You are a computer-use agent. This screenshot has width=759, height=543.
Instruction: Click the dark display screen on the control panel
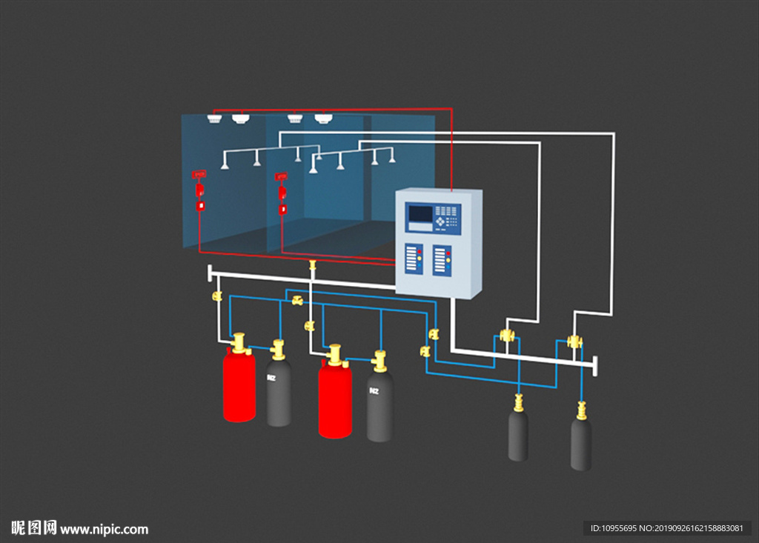(x=420, y=214)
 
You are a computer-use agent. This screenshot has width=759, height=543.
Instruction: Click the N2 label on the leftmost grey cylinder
(x=272, y=378)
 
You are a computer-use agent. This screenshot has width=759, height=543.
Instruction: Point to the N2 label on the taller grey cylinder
(x=374, y=390)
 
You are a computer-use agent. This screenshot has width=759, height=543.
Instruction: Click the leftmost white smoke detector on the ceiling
(x=214, y=119)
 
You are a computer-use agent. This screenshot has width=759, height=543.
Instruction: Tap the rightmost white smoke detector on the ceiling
(x=322, y=117)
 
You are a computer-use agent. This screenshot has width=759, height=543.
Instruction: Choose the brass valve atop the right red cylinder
(x=335, y=355)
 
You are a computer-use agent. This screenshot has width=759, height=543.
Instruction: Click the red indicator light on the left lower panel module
(x=419, y=252)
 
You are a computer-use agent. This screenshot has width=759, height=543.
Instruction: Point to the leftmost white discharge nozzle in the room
(x=225, y=164)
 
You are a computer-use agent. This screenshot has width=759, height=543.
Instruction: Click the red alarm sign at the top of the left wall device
(x=199, y=174)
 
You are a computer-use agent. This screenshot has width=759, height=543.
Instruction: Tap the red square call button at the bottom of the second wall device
(x=282, y=210)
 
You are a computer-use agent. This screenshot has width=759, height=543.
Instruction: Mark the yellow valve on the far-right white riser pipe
(x=574, y=342)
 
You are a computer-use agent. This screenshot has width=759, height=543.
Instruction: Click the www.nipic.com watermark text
(x=104, y=529)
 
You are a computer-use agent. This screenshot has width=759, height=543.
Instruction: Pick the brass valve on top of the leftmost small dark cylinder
(x=518, y=404)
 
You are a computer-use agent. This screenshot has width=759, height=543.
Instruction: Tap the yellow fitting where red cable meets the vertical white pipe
(x=312, y=264)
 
